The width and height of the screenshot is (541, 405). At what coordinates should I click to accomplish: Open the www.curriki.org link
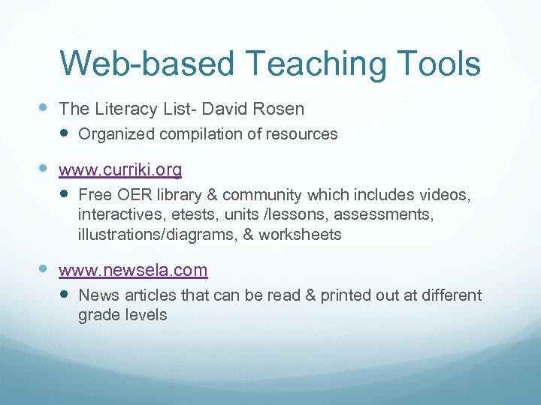(x=120, y=170)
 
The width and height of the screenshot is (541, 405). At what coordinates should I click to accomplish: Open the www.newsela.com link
(x=133, y=270)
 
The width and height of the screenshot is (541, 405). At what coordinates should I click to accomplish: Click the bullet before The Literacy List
(x=42, y=109)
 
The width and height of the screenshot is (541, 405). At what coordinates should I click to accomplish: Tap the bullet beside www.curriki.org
(x=42, y=170)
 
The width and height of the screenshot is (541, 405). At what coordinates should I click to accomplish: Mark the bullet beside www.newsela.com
(x=42, y=270)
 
